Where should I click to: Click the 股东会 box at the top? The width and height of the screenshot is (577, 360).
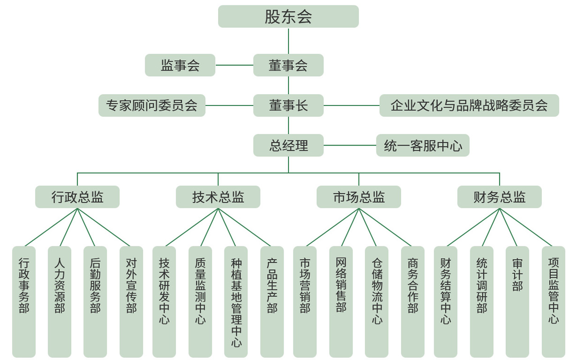288,17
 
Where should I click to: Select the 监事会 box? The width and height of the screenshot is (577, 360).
180,65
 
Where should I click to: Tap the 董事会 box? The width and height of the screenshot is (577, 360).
288,65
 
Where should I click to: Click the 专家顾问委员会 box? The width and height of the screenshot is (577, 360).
152,105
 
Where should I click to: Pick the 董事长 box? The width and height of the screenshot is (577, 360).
288,105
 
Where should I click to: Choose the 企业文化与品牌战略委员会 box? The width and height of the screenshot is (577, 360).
469,105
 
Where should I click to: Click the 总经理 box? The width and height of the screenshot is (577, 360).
288,145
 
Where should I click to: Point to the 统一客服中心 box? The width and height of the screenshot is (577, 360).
422,145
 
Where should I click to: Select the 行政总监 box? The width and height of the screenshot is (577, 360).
77,197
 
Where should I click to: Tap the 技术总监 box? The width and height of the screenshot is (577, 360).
218,197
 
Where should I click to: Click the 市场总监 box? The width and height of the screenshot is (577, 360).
358,197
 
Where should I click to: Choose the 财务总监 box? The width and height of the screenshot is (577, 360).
499,197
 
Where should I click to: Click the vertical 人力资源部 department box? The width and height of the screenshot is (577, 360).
60,301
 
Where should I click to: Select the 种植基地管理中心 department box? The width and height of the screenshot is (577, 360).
236,301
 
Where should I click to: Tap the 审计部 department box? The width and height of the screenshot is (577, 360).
517,301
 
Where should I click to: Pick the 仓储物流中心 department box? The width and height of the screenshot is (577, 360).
376,301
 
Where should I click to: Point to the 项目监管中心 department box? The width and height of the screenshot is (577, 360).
553,301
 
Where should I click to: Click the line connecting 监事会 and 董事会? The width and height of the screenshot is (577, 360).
234,65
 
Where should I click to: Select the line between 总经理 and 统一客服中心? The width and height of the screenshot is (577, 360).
350,145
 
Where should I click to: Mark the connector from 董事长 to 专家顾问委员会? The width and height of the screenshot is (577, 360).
229,105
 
